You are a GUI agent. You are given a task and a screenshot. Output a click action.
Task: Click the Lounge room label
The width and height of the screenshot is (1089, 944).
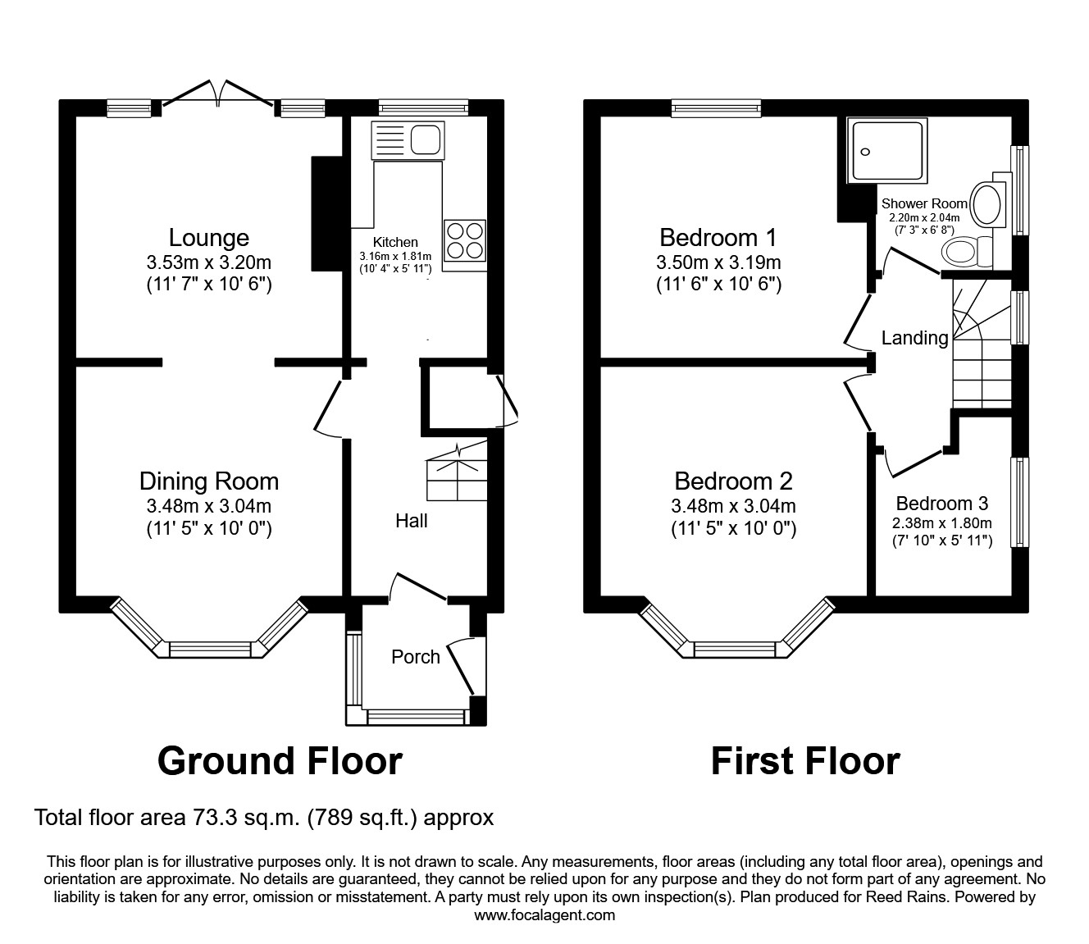(208, 238)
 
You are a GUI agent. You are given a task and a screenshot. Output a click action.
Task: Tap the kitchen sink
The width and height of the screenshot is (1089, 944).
(408, 140)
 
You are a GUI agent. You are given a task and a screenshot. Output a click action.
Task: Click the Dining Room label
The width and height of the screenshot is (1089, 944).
(208, 481)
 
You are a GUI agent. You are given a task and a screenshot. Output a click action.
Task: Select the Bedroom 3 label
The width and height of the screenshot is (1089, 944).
(941, 504)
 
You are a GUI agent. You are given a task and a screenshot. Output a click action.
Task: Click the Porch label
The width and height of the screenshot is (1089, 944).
(415, 657)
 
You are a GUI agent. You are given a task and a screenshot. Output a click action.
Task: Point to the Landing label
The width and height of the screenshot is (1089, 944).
(914, 338)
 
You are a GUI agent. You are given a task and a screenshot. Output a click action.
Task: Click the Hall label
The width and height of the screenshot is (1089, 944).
(411, 521)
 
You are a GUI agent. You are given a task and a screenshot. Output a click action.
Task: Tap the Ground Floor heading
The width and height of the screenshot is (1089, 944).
(280, 761)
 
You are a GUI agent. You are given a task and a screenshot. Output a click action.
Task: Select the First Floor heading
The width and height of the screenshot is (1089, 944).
(804, 761)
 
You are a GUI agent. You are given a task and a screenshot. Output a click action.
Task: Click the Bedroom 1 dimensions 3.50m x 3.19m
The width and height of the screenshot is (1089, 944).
(718, 263)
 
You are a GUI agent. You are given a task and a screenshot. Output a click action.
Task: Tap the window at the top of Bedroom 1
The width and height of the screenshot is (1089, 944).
(716, 107)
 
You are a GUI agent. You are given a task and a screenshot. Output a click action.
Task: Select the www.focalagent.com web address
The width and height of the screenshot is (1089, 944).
(544, 915)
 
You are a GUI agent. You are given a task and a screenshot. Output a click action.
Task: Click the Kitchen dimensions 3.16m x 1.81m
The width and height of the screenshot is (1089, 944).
(395, 257)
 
